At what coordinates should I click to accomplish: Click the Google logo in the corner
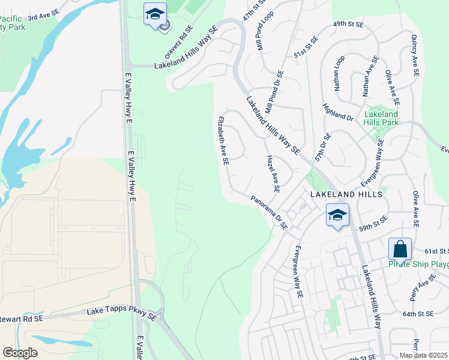coord(20,353)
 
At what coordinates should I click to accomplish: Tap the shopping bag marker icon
coord(400,248)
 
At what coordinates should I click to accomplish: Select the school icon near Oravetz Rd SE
coord(155,14)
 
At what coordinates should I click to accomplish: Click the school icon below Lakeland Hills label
coord(337,215)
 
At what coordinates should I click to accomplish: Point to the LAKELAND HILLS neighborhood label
coord(345,195)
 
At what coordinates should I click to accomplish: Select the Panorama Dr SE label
coord(270,213)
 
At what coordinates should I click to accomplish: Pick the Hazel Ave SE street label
coord(272,172)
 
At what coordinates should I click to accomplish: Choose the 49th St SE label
coord(349,25)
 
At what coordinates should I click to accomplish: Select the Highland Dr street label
coord(338,112)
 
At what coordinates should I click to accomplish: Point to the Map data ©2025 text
coord(423,355)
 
